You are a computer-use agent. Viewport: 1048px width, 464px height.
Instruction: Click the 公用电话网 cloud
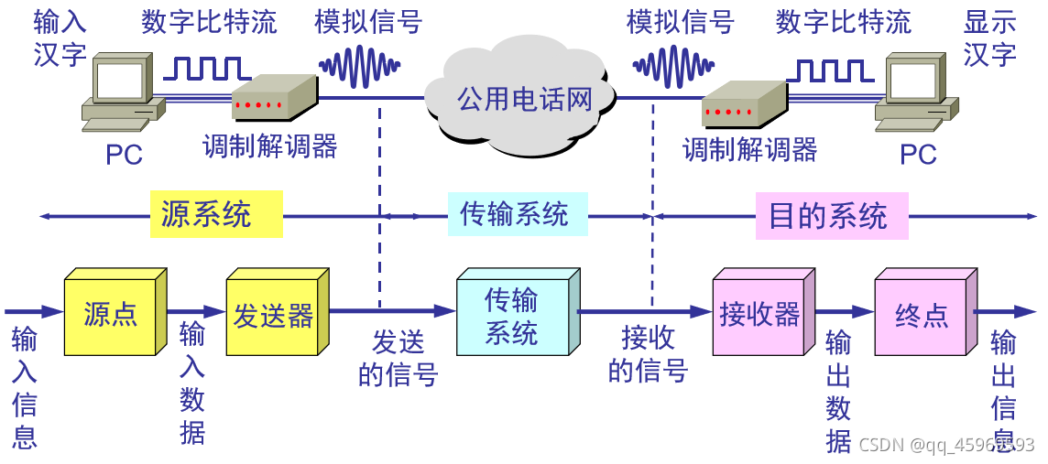click(x=525, y=98)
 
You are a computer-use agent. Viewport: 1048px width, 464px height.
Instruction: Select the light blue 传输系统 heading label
click(x=517, y=214)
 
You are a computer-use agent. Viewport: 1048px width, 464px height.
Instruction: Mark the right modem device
click(x=743, y=106)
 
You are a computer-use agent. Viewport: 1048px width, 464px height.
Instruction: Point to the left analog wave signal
click(x=360, y=66)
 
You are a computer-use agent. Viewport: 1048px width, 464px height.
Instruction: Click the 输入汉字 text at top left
click(x=60, y=38)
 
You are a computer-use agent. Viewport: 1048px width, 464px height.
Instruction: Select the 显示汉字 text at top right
click(x=989, y=38)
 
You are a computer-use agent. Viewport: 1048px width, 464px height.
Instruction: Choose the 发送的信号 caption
click(x=398, y=358)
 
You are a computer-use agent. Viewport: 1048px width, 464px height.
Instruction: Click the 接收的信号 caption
click(x=647, y=353)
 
